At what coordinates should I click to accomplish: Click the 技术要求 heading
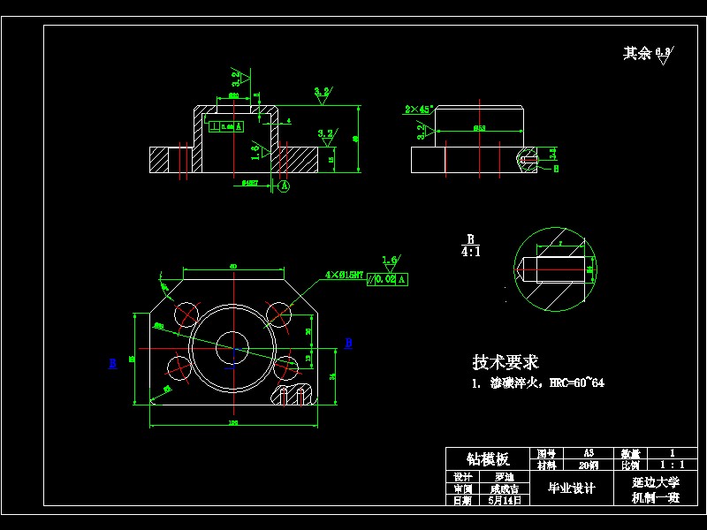click(x=505, y=362)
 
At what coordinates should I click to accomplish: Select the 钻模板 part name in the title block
click(x=489, y=459)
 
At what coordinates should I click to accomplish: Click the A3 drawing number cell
click(x=589, y=452)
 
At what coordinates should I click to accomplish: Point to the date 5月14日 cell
click(x=505, y=500)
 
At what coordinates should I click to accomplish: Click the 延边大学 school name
click(x=655, y=483)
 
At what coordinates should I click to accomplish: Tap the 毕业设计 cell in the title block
click(x=571, y=488)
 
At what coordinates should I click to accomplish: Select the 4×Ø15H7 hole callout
click(x=345, y=276)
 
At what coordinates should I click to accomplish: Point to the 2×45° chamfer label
click(x=417, y=110)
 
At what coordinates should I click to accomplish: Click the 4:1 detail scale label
click(x=470, y=251)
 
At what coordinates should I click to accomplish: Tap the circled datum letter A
click(x=284, y=186)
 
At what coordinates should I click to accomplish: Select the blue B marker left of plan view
click(x=113, y=363)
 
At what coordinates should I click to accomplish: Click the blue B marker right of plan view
click(x=348, y=343)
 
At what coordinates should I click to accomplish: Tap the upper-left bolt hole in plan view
click(x=187, y=313)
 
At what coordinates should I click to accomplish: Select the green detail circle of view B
click(x=555, y=269)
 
